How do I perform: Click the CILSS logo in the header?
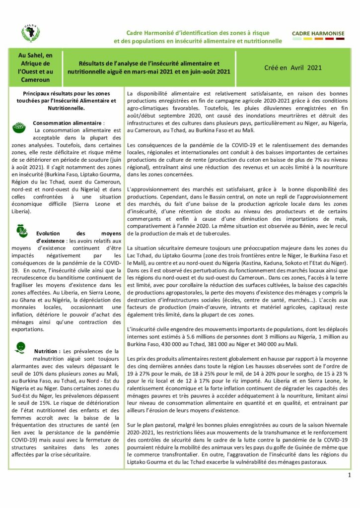(30, 33)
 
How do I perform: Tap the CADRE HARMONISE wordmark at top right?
(318, 33)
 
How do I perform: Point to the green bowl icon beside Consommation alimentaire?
(20, 127)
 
